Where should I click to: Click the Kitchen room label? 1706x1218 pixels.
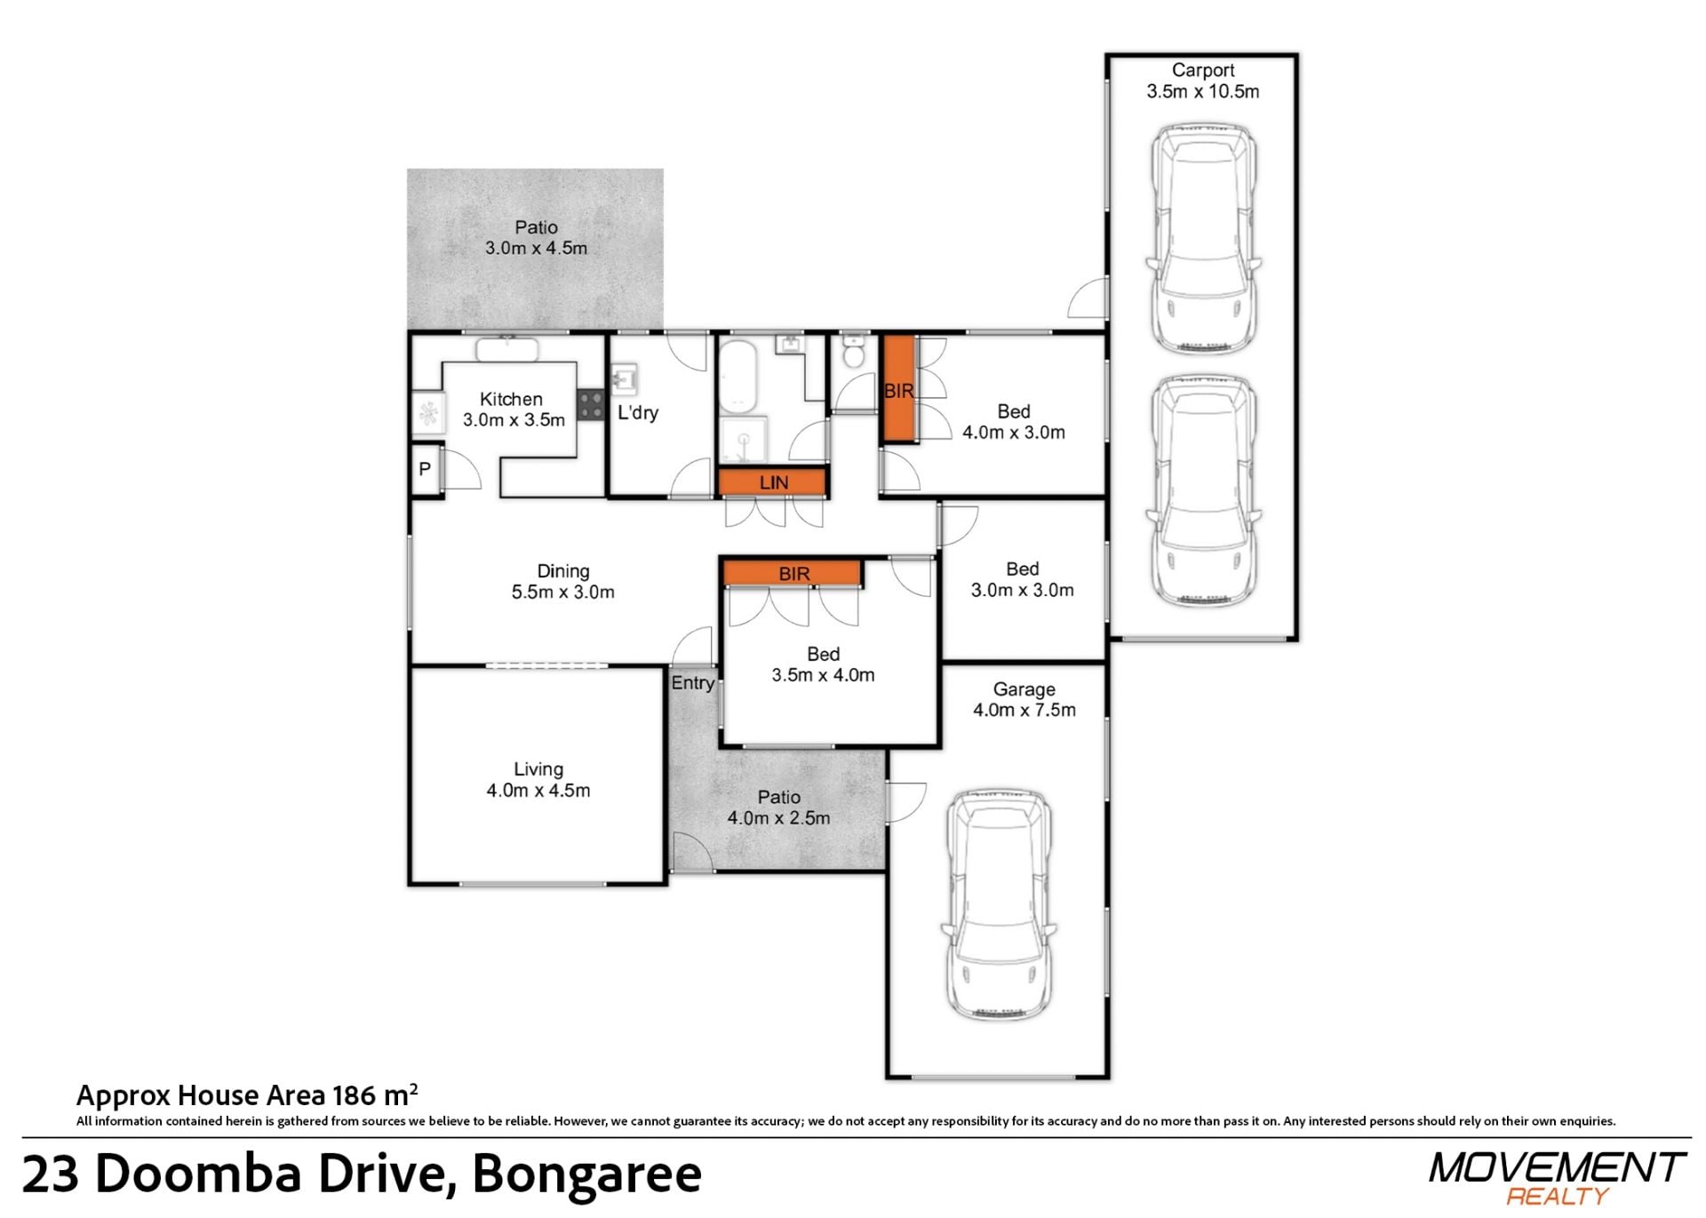(514, 410)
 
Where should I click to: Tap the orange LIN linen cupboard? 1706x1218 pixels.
(773, 482)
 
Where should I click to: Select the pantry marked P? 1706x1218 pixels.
(426, 468)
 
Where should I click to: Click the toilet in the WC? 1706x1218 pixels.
(853, 351)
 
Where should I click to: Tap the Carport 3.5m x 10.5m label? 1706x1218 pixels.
(1202, 81)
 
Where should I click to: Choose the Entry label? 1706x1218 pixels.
(693, 682)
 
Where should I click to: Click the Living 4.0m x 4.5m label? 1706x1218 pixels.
(538, 779)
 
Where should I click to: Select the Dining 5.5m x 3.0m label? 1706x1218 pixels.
(562, 581)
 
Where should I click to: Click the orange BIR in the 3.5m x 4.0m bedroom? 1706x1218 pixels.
(793, 573)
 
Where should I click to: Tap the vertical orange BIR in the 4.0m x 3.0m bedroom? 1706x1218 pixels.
(898, 389)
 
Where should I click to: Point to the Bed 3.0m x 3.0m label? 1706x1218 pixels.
(1022, 579)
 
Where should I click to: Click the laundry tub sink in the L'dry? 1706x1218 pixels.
(625, 379)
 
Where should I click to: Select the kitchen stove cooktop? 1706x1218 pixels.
(590, 405)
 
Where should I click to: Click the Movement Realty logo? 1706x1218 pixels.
(1558, 1177)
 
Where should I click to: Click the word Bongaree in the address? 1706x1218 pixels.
(586, 1174)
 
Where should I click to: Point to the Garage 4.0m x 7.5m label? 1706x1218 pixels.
(1024, 699)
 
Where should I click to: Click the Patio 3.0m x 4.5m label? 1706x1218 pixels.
(536, 237)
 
